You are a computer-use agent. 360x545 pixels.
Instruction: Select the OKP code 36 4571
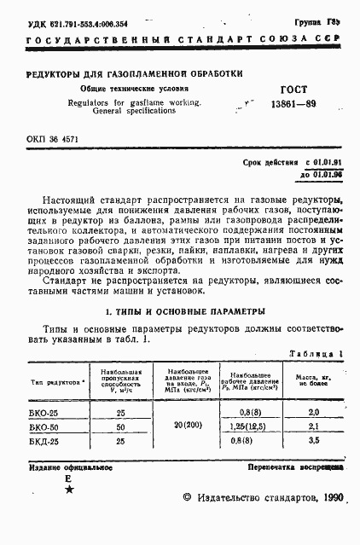[x=53, y=140]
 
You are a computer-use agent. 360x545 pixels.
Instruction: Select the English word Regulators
[x=93, y=102]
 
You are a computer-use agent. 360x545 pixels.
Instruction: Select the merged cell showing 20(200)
[x=186, y=426]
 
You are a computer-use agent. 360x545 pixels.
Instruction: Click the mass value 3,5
[x=313, y=441]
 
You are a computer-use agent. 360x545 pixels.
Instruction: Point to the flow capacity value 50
[x=120, y=426]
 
